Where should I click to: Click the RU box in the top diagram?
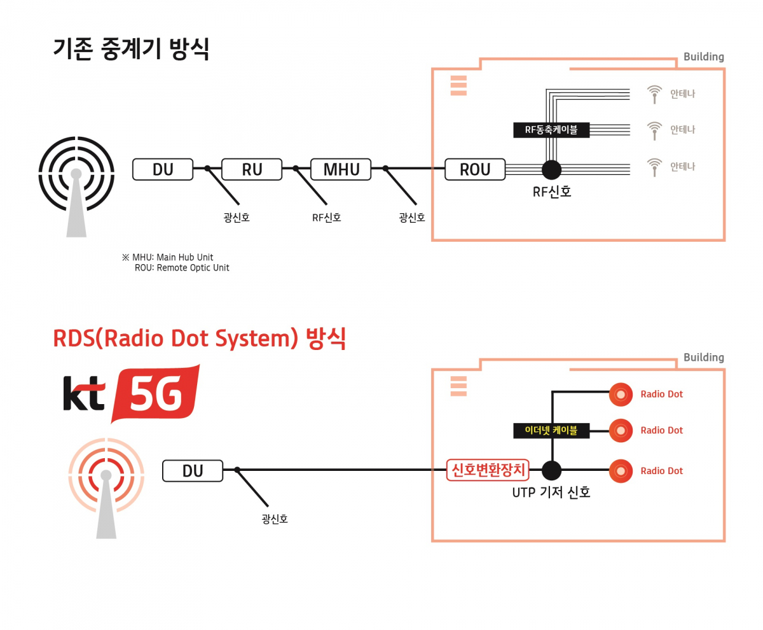pos(251,169)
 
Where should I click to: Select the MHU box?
pos(341,169)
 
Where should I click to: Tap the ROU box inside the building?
pos(475,169)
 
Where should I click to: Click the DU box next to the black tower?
pos(163,169)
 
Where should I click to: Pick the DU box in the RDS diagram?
pos(193,471)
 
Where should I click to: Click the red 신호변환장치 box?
pos(488,470)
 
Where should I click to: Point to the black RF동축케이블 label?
pos(551,130)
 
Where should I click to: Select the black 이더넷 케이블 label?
pos(551,431)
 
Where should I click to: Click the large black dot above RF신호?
pos(551,169)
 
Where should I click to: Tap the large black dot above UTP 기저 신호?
pos(551,471)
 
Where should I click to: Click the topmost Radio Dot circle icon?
pos(621,395)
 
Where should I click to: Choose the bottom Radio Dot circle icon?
pos(621,471)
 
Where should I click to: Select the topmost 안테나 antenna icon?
pos(654,94)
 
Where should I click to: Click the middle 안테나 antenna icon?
pos(654,130)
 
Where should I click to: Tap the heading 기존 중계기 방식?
pos(131,50)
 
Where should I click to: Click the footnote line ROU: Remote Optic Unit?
pos(182,268)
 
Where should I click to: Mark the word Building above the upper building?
pos(703,57)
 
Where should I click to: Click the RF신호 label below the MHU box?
pos(327,218)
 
